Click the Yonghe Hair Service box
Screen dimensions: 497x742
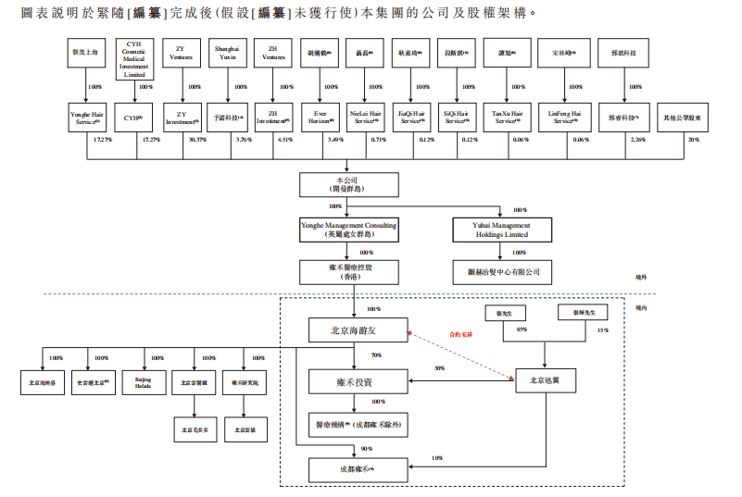coord(85,118)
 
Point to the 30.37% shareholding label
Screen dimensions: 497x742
coord(197,140)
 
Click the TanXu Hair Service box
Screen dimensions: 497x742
coord(507,118)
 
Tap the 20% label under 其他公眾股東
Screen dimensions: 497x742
coord(694,140)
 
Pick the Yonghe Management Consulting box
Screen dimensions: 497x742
coord(348,230)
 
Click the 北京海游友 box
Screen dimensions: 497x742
coord(357,329)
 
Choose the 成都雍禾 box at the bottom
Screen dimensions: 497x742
coord(357,470)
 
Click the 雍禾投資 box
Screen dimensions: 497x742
coord(357,380)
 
